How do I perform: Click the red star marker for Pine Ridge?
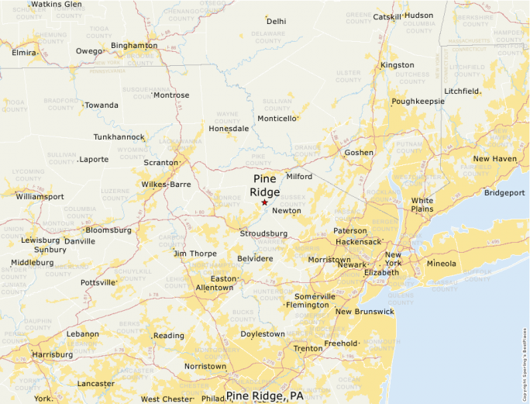click(x=264, y=202)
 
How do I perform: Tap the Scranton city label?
click(x=160, y=163)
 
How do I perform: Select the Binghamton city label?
click(x=134, y=46)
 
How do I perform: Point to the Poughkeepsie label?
click(x=418, y=102)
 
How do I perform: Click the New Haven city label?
click(x=494, y=159)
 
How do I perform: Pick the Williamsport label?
click(x=40, y=197)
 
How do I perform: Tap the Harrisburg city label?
click(x=52, y=354)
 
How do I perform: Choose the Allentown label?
click(x=214, y=288)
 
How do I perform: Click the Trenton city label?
click(x=308, y=348)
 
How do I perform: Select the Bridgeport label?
click(x=504, y=193)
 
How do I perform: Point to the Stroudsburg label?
click(x=263, y=233)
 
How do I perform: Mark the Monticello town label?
click(x=277, y=119)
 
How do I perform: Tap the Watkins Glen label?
click(x=56, y=5)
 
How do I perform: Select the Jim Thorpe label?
click(x=194, y=254)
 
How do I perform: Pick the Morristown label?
click(x=329, y=260)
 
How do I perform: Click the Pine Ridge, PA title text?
click(x=265, y=396)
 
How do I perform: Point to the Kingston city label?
click(x=397, y=65)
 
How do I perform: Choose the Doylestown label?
click(x=263, y=334)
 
